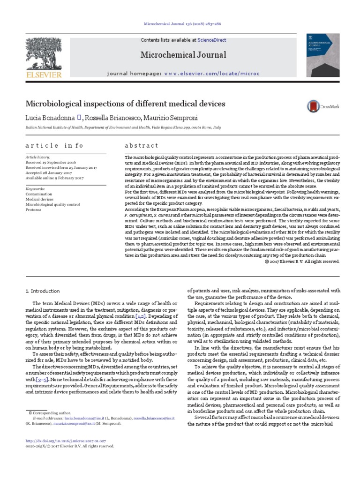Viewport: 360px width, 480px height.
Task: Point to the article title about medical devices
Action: click(125, 104)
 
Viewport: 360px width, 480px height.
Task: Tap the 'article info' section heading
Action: click(54, 146)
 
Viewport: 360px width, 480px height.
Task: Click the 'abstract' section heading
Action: click(142, 146)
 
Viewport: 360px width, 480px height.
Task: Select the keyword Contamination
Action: click(39, 195)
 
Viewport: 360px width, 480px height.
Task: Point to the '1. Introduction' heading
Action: click(43, 291)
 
